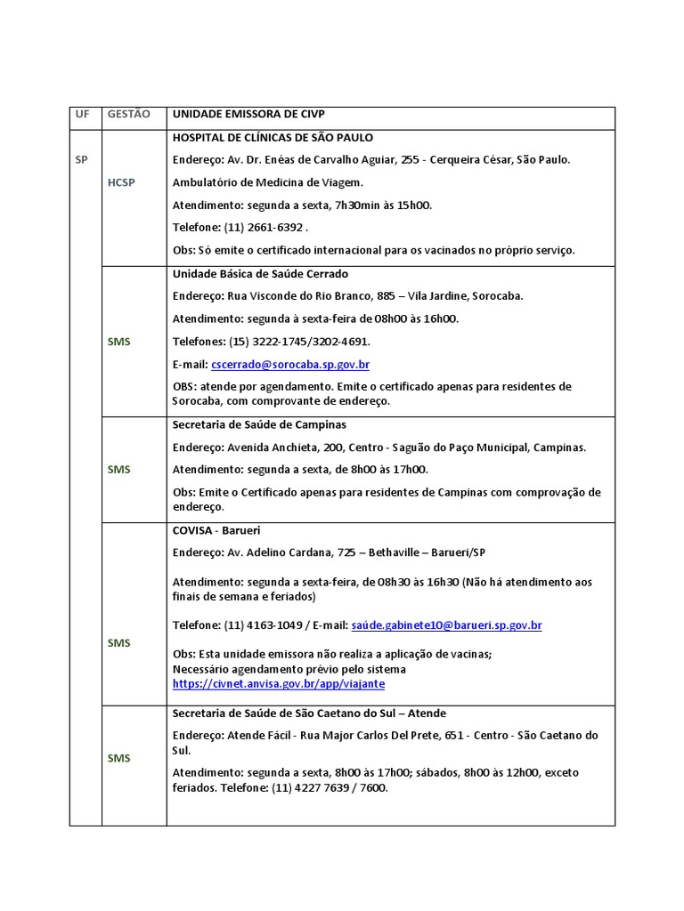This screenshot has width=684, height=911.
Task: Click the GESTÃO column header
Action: click(129, 115)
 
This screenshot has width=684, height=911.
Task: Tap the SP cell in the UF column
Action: click(82, 159)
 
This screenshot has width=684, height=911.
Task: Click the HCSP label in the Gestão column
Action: click(121, 182)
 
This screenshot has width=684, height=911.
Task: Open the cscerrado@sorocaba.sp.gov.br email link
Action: click(290, 365)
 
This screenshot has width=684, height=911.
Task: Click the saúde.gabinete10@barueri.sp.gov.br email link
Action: click(446, 625)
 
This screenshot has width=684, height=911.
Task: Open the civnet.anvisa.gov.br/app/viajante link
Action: click(279, 684)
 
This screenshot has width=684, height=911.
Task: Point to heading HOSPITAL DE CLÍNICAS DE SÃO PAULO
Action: click(273, 138)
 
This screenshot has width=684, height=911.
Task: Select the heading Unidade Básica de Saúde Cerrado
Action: click(260, 274)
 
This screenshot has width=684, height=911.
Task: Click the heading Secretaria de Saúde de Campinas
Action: click(259, 425)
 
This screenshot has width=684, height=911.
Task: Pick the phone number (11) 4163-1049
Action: click(265, 625)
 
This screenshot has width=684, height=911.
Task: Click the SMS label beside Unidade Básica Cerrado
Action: click(119, 341)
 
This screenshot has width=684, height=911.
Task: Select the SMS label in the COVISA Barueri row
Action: click(119, 642)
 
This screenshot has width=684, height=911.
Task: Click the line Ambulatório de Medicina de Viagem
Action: click(268, 182)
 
